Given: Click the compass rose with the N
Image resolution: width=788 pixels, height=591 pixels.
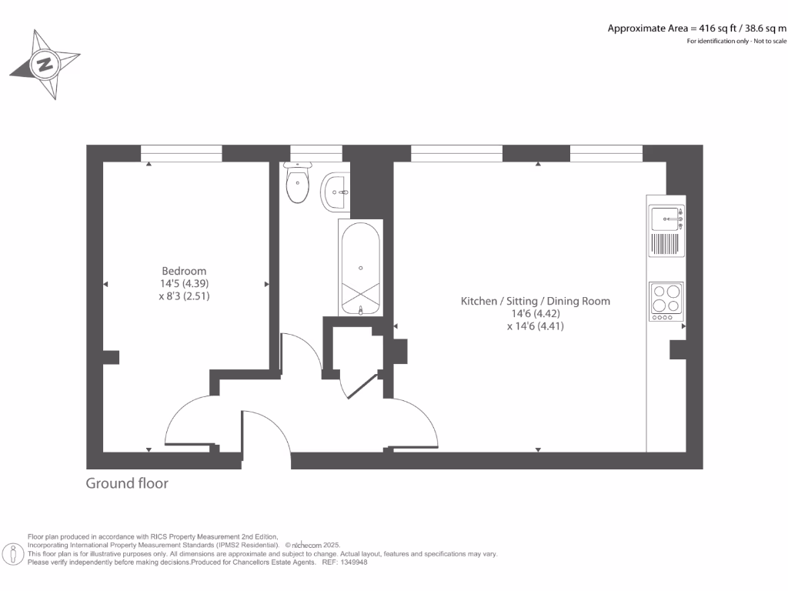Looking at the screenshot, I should pyautogui.click(x=45, y=65).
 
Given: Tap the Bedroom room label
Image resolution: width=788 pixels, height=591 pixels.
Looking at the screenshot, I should pyautogui.click(x=184, y=271).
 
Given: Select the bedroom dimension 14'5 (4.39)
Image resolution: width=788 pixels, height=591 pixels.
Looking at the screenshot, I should pyautogui.click(x=184, y=283).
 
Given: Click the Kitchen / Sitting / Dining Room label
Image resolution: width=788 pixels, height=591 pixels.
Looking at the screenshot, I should pyautogui.click(x=535, y=301).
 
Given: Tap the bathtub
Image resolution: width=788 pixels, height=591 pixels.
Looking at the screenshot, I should pyautogui.click(x=360, y=268).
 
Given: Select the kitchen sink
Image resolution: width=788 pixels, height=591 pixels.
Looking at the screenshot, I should pyautogui.click(x=666, y=219).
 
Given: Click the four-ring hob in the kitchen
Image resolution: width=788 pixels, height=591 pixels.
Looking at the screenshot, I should pyautogui.click(x=666, y=300).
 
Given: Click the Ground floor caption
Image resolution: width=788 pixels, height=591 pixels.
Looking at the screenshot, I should pyautogui.click(x=126, y=483).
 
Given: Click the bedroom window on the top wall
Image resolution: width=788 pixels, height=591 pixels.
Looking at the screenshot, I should pyautogui.click(x=182, y=153).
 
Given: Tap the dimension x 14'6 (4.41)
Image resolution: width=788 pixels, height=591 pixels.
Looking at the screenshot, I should pyautogui.click(x=535, y=326).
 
